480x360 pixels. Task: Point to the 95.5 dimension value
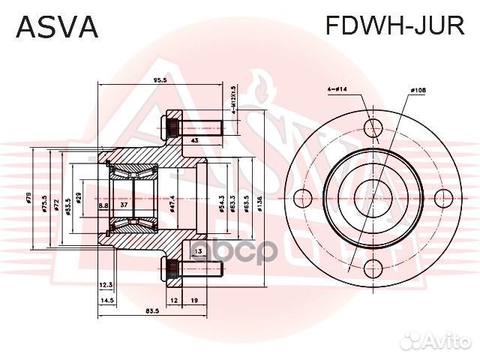(158, 79)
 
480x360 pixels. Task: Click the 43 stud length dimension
(194, 140)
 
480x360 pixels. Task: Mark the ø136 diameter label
(259, 200)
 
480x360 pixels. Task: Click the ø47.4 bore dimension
(172, 200)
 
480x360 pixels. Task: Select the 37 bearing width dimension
(124, 205)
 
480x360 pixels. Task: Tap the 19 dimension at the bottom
(194, 300)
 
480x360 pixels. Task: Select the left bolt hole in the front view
(301, 199)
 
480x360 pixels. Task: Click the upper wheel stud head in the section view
(172, 126)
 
